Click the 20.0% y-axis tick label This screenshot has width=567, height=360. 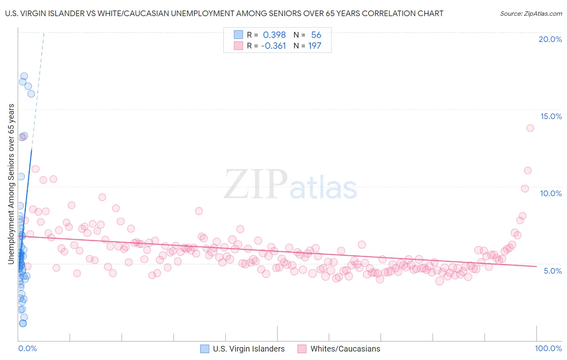[x=550, y=39]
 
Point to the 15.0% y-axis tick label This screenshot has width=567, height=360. [x=551, y=116]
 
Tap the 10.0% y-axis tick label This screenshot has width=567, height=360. [x=551, y=193]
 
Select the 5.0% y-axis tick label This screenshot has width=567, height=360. [x=552, y=271]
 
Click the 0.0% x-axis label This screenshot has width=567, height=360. [x=27, y=348]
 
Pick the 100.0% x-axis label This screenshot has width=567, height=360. [x=548, y=348]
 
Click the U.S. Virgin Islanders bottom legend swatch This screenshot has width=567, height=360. [x=205, y=349]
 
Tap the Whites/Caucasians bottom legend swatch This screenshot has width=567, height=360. [x=302, y=349]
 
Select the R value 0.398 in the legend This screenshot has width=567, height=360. [x=274, y=35]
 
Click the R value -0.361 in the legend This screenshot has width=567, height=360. [x=273, y=46]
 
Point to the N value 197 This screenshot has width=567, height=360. [x=315, y=46]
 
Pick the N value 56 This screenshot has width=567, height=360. [x=316, y=35]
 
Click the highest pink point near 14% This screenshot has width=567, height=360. [x=530, y=128]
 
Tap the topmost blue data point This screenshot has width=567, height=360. [x=24, y=76]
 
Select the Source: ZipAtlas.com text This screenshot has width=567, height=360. [x=531, y=14]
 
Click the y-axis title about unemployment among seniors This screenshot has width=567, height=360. [x=11, y=184]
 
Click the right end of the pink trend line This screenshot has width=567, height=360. [x=536, y=266]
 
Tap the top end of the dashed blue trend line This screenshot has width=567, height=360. [x=44, y=33]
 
